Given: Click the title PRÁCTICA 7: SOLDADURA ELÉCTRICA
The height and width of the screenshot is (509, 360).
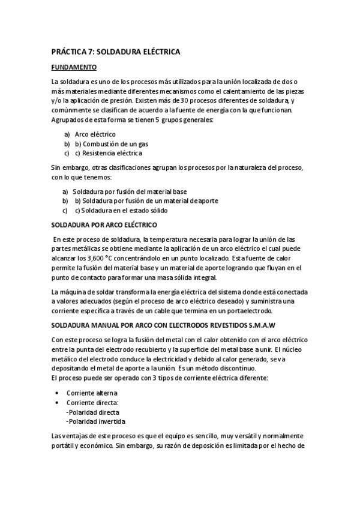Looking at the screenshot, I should click(115, 52).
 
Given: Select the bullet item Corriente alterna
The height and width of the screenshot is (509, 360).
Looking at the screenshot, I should click(92, 393).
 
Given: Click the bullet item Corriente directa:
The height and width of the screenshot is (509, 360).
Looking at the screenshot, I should click(92, 402).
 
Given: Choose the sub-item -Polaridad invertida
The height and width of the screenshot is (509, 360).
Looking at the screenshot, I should click(95, 421).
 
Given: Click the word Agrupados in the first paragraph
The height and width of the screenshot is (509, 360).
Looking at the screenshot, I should click(68, 120).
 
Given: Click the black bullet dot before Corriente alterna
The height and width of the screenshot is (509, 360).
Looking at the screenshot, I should click(56, 393).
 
